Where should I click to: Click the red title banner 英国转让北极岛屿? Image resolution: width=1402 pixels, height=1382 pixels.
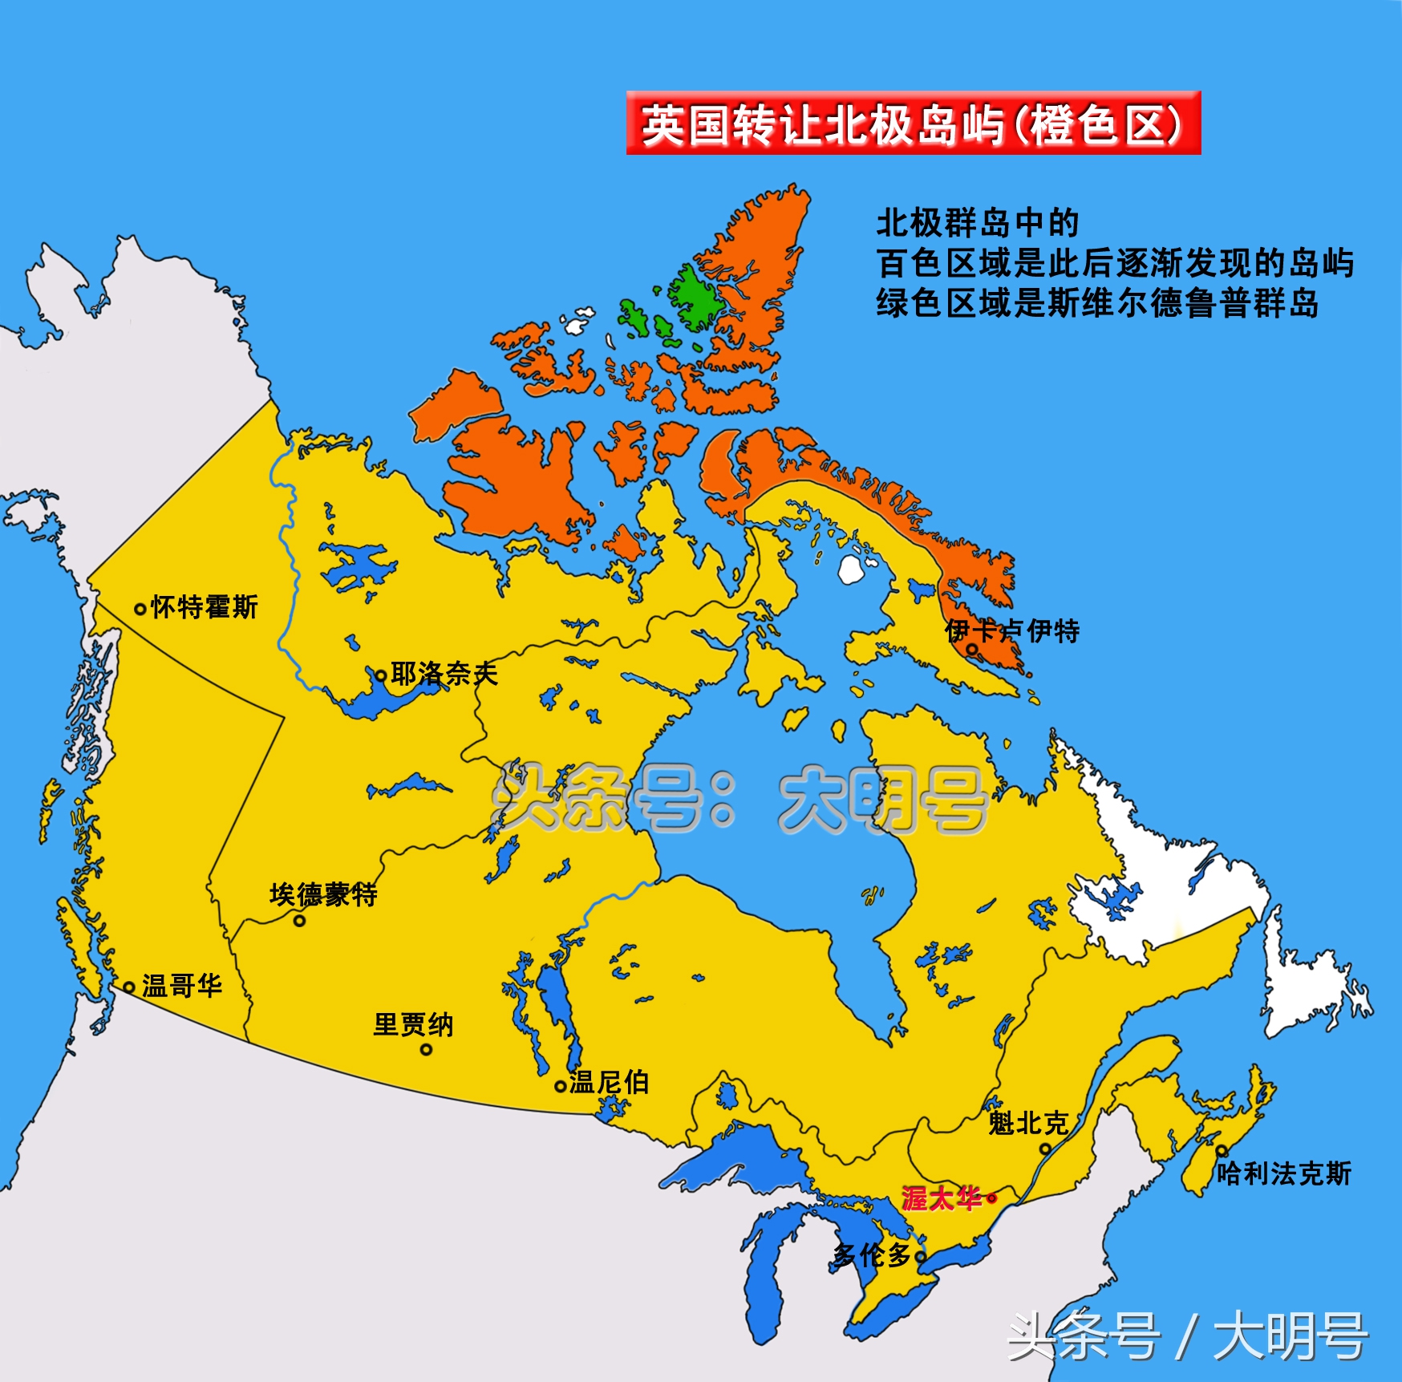point(913,123)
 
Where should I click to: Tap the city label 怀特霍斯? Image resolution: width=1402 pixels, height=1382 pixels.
point(205,607)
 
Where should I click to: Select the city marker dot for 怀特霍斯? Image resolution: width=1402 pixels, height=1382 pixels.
point(140,610)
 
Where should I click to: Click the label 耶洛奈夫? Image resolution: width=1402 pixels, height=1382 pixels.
point(444,674)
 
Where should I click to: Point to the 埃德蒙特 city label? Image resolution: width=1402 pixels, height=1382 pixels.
point(323,894)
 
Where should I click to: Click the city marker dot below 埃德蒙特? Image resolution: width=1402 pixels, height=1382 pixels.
point(299,921)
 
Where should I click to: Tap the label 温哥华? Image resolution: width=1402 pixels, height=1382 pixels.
point(182,986)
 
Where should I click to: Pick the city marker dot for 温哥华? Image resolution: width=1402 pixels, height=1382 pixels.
point(128,987)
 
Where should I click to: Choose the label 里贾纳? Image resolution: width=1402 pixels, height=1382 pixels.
point(413,1024)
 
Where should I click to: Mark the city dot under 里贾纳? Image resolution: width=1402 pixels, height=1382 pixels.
point(426,1049)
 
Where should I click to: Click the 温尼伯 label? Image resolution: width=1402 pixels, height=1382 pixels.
point(609,1083)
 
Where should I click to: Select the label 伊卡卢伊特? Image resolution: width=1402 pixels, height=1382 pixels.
point(1012,630)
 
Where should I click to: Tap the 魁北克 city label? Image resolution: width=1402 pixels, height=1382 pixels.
point(1027,1124)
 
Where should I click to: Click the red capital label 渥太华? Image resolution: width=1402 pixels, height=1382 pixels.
point(942,1198)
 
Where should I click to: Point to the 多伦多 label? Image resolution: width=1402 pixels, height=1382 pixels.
point(873,1255)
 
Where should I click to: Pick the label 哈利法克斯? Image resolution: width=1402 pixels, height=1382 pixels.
point(1283,1174)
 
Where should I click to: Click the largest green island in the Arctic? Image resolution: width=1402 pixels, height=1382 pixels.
point(695,297)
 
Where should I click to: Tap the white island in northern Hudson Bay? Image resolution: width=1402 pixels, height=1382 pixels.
point(850,569)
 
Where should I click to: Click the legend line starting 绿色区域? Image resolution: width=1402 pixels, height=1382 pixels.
point(1096,304)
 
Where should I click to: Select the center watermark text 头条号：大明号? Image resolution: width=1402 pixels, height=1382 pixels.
point(738,799)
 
